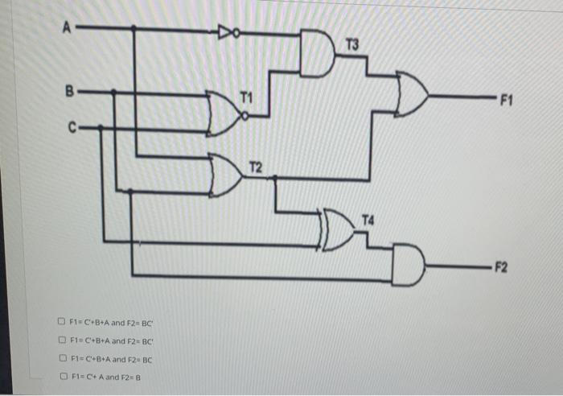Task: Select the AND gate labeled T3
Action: [x=317, y=53]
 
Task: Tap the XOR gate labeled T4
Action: [x=339, y=229]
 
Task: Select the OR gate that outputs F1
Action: [x=413, y=94]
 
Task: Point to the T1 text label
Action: [x=246, y=97]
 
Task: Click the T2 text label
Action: [x=255, y=168]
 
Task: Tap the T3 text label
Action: [x=352, y=43]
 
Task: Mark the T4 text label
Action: [x=368, y=220]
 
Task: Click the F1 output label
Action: [x=506, y=101]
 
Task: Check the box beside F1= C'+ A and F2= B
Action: [x=62, y=376]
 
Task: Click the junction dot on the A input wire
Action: [x=134, y=28]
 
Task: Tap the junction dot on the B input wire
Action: [x=113, y=93]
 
